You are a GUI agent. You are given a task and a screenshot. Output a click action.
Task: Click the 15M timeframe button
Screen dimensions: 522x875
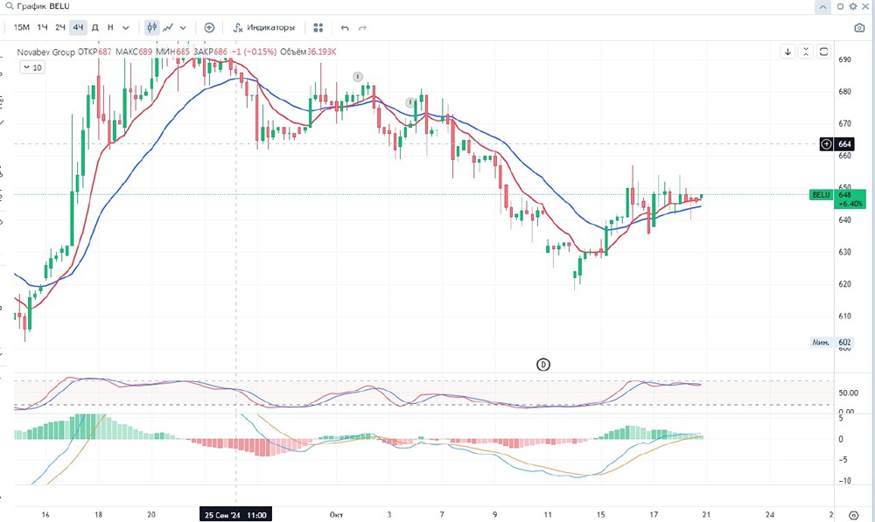tap(22, 27)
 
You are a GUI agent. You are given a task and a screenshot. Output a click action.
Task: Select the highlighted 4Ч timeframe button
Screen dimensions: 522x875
tap(78, 27)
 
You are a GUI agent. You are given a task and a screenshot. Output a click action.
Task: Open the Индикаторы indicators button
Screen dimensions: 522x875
tap(264, 27)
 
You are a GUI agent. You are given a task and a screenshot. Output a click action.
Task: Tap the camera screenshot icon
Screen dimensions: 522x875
tap(858, 28)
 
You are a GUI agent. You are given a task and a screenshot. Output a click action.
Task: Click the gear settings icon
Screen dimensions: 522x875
tap(853, 6)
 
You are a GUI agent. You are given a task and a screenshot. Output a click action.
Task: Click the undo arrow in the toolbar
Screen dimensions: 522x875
tap(345, 28)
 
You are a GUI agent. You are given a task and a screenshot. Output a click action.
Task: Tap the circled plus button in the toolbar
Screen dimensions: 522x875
tap(209, 27)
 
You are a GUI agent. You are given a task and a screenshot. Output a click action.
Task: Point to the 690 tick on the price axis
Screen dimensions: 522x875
tap(844, 60)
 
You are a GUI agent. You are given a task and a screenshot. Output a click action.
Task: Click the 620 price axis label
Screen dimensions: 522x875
tap(844, 284)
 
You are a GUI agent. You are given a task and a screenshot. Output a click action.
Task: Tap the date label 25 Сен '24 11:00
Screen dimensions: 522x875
tap(234, 515)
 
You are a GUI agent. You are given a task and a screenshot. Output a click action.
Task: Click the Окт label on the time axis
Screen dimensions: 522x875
tap(336, 515)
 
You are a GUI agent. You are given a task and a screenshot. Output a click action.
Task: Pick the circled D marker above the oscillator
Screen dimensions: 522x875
tap(542, 364)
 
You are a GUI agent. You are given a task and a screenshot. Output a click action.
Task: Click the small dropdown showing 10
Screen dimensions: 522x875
tap(32, 66)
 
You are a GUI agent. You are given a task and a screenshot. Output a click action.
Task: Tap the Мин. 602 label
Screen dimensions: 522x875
tap(832, 342)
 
